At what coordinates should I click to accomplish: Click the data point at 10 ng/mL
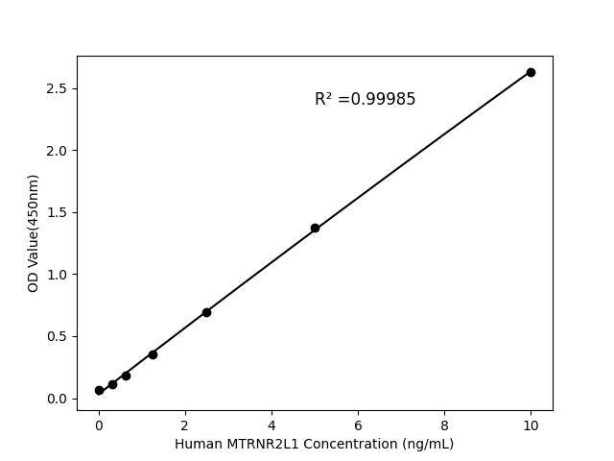click(x=531, y=72)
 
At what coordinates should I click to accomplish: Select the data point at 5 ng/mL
click(x=315, y=228)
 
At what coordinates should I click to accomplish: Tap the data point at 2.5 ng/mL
click(x=206, y=312)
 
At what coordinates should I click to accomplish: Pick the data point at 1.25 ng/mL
click(x=153, y=354)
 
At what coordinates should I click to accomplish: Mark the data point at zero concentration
click(x=99, y=390)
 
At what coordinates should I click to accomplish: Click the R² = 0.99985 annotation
click(x=365, y=99)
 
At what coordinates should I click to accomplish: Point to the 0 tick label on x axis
click(x=99, y=424)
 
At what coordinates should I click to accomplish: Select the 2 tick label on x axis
click(x=185, y=424)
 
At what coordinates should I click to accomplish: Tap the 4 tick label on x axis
click(x=272, y=424)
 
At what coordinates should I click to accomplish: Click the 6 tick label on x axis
click(x=358, y=424)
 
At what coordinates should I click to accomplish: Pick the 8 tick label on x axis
click(x=444, y=424)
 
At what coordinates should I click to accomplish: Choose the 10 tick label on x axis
click(x=531, y=424)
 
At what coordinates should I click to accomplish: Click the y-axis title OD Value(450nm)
click(x=34, y=233)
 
